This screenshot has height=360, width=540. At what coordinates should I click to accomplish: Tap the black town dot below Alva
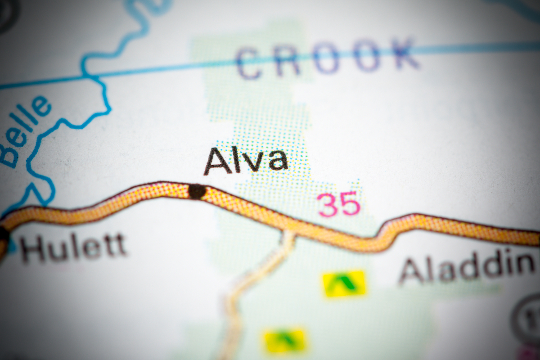tap(197, 191)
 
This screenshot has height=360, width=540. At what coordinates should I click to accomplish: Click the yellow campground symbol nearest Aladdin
tap(344, 283)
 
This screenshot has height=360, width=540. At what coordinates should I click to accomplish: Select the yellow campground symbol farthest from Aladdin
tap(285, 340)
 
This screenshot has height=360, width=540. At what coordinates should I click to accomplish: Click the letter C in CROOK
tap(249, 63)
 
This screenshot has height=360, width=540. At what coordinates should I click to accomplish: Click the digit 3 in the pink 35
tap(328, 205)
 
